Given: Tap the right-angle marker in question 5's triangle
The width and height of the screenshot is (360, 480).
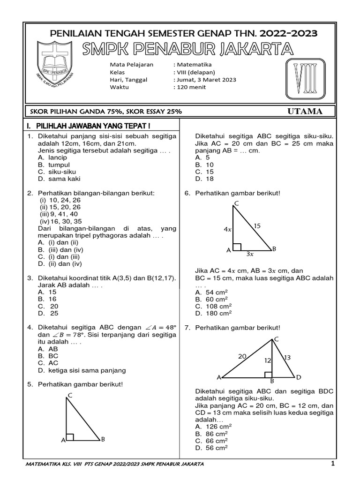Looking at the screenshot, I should click(x=70, y=437).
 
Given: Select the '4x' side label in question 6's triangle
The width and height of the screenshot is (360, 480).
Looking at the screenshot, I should click(x=227, y=230).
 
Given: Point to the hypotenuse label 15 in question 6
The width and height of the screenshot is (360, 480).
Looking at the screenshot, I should click(x=257, y=226).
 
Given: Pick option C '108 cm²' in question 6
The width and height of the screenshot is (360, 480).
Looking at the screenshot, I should click(x=211, y=306).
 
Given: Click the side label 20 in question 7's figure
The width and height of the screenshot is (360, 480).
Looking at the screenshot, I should click(x=242, y=356).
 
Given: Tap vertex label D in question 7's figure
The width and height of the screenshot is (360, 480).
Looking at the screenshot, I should click(x=299, y=377).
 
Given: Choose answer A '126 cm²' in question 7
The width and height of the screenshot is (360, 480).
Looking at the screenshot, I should click(x=211, y=427).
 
